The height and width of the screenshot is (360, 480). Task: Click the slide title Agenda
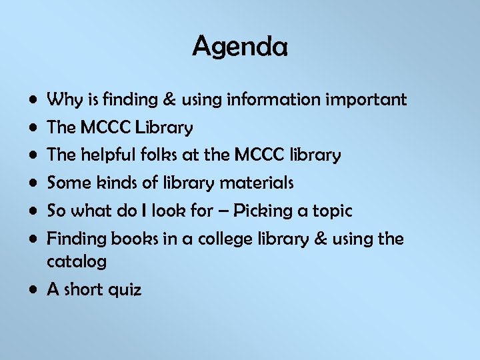tap(240, 47)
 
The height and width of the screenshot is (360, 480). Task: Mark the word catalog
tap(77, 262)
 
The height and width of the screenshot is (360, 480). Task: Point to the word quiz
tap(125, 290)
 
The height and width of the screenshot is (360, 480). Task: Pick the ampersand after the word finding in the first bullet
tap(168, 101)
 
